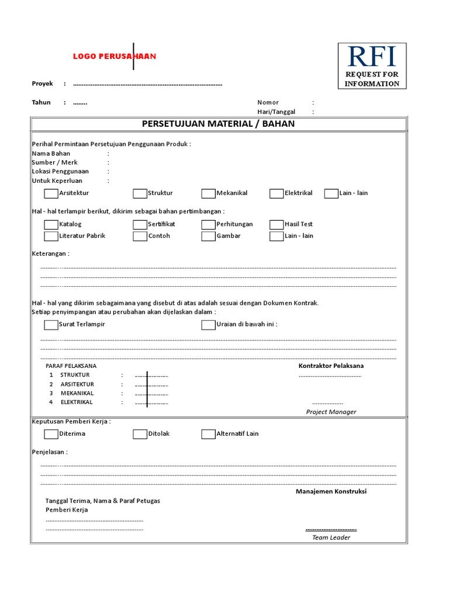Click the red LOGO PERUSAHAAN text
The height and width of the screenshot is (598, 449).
coord(114,57)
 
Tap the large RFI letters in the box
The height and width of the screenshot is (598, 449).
coord(372,57)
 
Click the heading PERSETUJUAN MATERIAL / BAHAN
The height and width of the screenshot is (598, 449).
coord(218,124)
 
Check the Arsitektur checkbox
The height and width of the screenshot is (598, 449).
coord(51,193)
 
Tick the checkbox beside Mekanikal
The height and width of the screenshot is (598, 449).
coord(208,193)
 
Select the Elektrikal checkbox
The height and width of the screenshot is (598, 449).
coord(277,193)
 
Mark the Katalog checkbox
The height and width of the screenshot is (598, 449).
coord(51,224)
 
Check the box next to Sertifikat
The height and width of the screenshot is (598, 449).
coord(140,224)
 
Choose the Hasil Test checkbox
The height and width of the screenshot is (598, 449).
coord(277,224)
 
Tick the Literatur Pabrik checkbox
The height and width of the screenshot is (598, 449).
coord(51,236)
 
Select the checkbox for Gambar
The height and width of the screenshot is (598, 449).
coord(208,236)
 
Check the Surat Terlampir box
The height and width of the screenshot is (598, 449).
coord(51,325)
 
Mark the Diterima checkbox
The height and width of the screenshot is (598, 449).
coord(51,434)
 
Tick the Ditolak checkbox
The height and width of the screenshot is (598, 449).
coord(140,434)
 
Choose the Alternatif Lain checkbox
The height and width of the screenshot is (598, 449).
coord(208,434)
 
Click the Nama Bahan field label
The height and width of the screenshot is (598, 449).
coord(51,154)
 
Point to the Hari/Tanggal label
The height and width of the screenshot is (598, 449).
coord(276,112)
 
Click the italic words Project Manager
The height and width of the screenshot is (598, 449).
coord(331,412)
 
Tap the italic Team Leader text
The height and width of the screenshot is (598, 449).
coord(331,537)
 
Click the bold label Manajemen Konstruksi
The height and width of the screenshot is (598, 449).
coord(331,492)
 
